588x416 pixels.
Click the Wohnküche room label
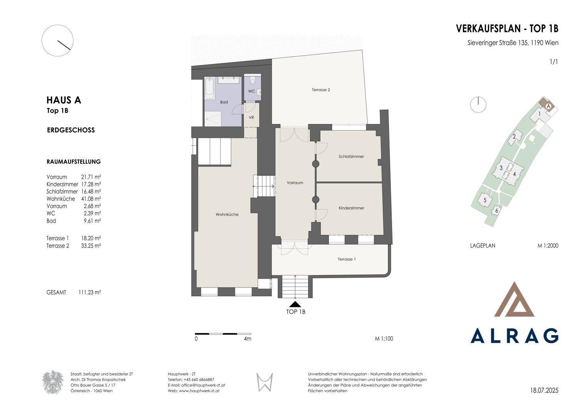tap(227, 215)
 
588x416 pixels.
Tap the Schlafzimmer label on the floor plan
tap(351, 156)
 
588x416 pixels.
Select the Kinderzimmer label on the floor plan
tap(352, 208)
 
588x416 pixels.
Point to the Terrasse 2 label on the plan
tap(321, 90)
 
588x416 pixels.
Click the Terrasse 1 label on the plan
tap(347, 259)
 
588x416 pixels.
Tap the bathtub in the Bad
tap(210, 88)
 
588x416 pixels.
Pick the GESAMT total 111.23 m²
tap(90, 292)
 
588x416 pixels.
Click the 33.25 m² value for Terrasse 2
tap(91, 246)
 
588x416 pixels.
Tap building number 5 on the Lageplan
tap(485, 200)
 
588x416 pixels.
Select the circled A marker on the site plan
tap(548, 106)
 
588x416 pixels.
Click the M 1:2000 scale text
tap(548, 246)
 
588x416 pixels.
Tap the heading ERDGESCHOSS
tap(71, 130)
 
